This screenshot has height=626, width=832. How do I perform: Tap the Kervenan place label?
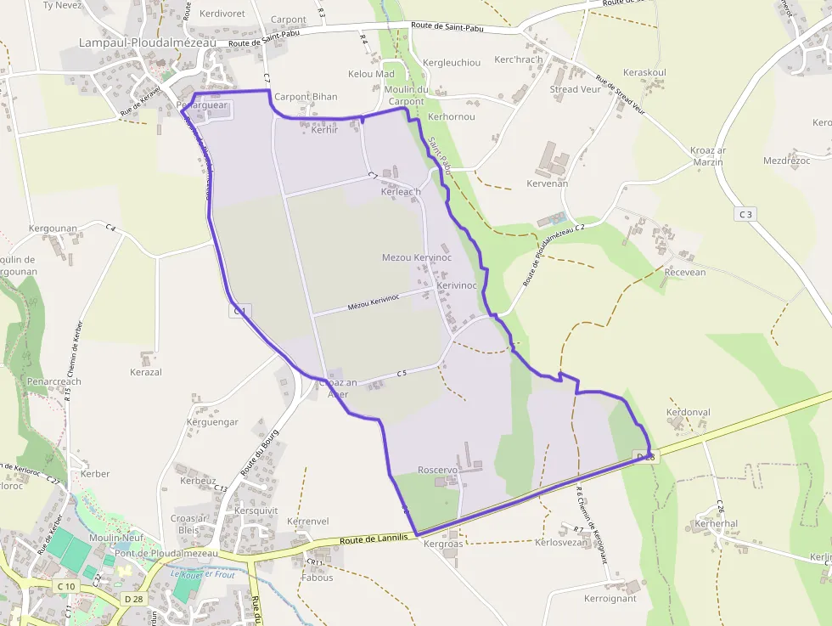click(x=547, y=183)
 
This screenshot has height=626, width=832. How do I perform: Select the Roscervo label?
click(x=438, y=470)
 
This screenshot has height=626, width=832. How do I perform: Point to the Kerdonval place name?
click(x=689, y=413)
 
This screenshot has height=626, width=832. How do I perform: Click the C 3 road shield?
click(x=745, y=214)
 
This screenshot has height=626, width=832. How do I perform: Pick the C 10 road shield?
click(x=65, y=586)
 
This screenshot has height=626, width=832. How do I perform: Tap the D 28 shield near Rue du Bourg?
click(x=133, y=599)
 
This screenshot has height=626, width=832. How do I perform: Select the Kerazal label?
click(x=146, y=372)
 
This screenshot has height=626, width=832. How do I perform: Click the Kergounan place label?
click(x=53, y=228)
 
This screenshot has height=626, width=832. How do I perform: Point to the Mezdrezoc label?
click(x=786, y=161)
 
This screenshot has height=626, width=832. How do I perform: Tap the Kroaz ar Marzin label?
click(x=708, y=156)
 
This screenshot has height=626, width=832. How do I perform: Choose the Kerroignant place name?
click(x=610, y=598)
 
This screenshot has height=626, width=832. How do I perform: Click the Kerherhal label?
click(x=716, y=524)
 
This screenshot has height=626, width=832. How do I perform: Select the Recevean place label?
click(x=685, y=273)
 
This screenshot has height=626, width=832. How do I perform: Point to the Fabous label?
click(x=318, y=578)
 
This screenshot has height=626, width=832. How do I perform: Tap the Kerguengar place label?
click(x=212, y=422)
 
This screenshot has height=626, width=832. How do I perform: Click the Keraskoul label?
click(x=644, y=73)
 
